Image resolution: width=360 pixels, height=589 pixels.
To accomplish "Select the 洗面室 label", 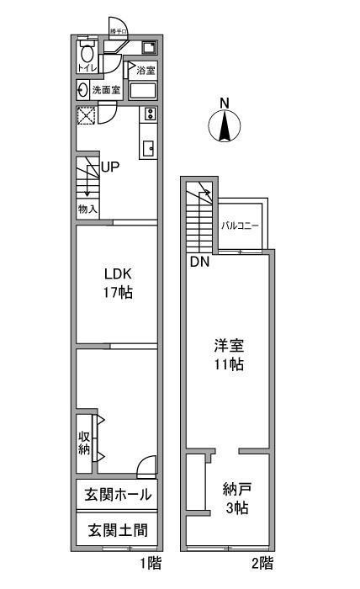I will pos(107,90).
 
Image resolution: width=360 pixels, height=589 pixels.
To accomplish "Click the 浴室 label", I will pos(145,68).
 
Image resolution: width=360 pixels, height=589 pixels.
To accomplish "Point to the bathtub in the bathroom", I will pos(144,90).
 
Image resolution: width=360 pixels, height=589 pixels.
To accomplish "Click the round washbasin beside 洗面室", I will pos(82,90).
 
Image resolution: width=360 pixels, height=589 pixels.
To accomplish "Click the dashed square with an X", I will pos(85,115).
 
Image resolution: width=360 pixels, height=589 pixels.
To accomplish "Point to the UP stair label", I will pos(110,167).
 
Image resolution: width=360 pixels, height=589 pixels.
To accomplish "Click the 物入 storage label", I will pos(87,208).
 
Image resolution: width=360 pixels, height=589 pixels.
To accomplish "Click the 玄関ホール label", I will pos(116,495).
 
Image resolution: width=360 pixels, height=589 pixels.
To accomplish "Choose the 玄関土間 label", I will pos(116,530).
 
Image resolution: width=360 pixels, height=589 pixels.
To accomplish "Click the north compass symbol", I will pos(223,125).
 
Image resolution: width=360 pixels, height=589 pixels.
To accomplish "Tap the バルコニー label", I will pos(241,226).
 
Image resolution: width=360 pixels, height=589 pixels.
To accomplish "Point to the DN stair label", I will pos(199,262).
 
